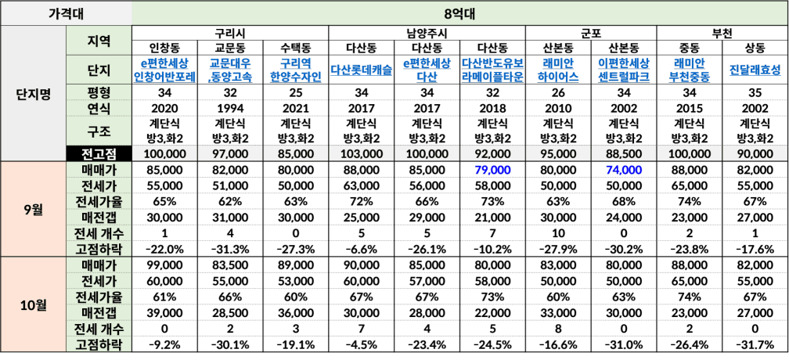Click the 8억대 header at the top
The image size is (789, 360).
(460, 13)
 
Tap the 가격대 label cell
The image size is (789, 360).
(66, 13)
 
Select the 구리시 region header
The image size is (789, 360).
(230, 33)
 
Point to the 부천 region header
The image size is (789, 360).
(722, 33)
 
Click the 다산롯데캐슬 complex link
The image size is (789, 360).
(362, 70)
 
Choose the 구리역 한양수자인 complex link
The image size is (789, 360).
(295, 70)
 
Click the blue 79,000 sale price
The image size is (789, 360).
(492, 170)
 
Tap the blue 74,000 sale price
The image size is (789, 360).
(624, 170)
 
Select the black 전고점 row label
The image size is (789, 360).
(99, 154)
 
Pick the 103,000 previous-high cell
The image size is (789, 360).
(362, 154)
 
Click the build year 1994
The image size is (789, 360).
(230, 109)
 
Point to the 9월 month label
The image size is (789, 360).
(34, 209)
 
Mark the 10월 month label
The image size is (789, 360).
(34, 305)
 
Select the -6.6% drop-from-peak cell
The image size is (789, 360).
(362, 249)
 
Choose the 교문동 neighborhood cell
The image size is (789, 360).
(230, 49)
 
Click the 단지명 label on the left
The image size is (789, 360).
(34, 94)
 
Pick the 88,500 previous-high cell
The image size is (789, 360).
(624, 154)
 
